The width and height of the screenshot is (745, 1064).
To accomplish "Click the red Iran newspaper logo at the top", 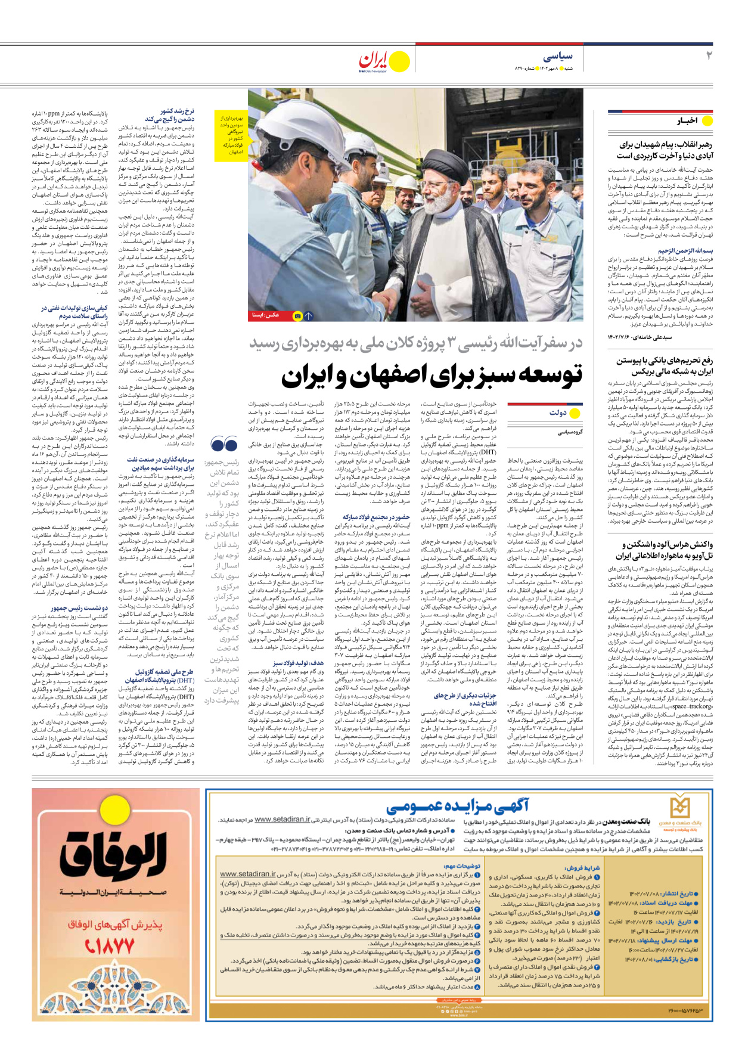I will [373, 60].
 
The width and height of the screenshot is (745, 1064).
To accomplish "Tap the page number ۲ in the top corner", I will [709, 55].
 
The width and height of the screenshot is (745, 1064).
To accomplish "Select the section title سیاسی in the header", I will [558, 56].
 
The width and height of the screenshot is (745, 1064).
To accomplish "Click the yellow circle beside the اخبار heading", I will [707, 120].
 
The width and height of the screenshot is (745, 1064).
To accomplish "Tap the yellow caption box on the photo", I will [230, 135].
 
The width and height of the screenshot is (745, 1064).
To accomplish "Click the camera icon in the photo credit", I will [297, 316].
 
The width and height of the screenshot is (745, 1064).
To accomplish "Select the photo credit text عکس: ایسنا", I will [266, 315].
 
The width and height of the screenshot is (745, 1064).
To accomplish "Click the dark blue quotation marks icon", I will [224, 444].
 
